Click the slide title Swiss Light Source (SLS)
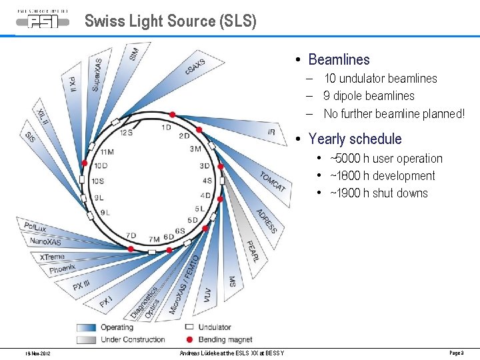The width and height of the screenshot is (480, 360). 170,21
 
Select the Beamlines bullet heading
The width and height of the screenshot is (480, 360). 339,60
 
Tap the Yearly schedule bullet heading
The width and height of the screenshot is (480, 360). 355,139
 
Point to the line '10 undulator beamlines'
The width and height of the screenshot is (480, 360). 380,79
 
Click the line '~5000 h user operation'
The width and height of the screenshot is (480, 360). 386,159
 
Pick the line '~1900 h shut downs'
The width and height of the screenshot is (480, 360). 379,193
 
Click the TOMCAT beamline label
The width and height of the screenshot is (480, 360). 273,181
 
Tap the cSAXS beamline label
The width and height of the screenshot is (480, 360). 196,67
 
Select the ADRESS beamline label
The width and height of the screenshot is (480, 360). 266,221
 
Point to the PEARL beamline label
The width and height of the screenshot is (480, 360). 252,251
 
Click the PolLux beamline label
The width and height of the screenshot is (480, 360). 35,227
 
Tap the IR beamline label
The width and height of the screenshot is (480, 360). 271,132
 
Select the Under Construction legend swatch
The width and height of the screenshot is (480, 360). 86,339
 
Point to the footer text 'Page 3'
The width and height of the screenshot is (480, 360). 456,353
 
